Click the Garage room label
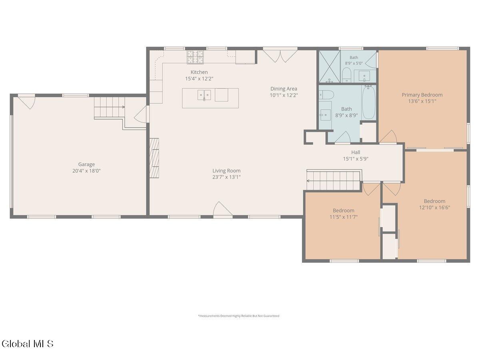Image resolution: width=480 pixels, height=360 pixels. tap(86, 164)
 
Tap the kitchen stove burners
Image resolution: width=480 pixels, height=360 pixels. tap(195, 57)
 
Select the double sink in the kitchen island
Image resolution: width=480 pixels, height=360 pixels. tap(204, 95)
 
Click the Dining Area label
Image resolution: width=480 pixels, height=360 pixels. tap(284, 89)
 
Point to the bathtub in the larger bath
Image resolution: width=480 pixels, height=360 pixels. tap(369, 102)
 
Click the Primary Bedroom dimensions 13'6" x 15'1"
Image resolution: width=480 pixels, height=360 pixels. tap(422, 101)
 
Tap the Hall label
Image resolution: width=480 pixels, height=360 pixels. tap(356, 152)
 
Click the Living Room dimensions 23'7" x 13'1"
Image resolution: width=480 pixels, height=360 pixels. tap(226, 177)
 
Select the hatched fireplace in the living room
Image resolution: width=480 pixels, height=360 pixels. tap(154, 158)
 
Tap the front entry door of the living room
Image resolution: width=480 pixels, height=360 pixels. tap(223, 209)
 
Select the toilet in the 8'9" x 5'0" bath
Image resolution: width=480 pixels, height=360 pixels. tap(346, 75)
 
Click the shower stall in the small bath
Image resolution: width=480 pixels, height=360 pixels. tap(329, 67)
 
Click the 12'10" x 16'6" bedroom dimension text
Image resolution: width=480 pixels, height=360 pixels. tap(434, 208)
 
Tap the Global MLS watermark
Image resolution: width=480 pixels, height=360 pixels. tap(28, 344)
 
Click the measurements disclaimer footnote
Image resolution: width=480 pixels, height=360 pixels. tap(238, 316)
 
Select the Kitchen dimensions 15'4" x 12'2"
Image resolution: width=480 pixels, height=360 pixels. tap(199, 79)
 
